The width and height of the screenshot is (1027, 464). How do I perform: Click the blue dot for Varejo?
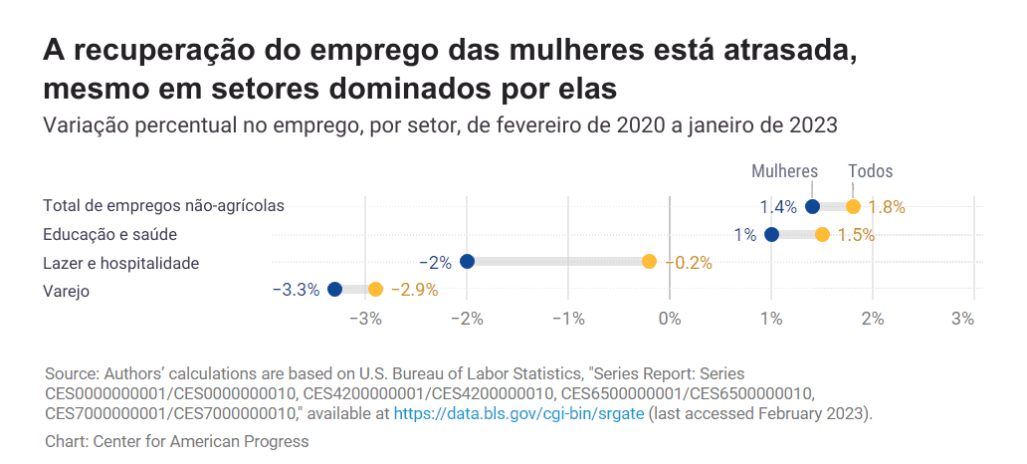tap(334, 289)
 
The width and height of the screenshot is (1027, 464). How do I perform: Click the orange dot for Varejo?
tap(375, 289)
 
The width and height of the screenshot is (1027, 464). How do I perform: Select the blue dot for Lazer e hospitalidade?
tap(467, 262)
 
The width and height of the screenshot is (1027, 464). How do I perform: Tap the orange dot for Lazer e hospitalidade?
tap(649, 262)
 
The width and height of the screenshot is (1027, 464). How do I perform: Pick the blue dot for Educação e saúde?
tap(771, 235)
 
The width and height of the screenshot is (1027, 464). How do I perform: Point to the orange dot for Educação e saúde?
tap(822, 235)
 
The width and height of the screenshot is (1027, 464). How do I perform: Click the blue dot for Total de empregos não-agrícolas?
tap(812, 207)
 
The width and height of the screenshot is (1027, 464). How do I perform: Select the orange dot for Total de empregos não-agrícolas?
tap(853, 207)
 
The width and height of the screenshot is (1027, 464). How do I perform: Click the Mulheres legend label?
tap(784, 171)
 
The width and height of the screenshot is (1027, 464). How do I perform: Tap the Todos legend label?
tap(870, 171)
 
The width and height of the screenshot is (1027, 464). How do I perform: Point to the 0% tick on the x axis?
tap(670, 319)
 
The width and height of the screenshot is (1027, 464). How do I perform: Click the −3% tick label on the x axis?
tap(368, 319)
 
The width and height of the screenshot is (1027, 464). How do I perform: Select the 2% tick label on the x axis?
tap(873, 319)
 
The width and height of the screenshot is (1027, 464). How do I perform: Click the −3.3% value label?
tap(296, 290)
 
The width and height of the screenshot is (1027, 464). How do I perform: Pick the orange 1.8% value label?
tap(886, 207)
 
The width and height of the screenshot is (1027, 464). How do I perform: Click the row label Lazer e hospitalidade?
tap(121, 263)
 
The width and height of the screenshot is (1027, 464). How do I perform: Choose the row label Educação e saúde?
tap(109, 235)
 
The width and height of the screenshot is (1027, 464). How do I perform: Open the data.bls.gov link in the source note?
tap(519, 412)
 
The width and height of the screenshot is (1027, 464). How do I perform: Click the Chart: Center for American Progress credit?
tap(177, 441)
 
